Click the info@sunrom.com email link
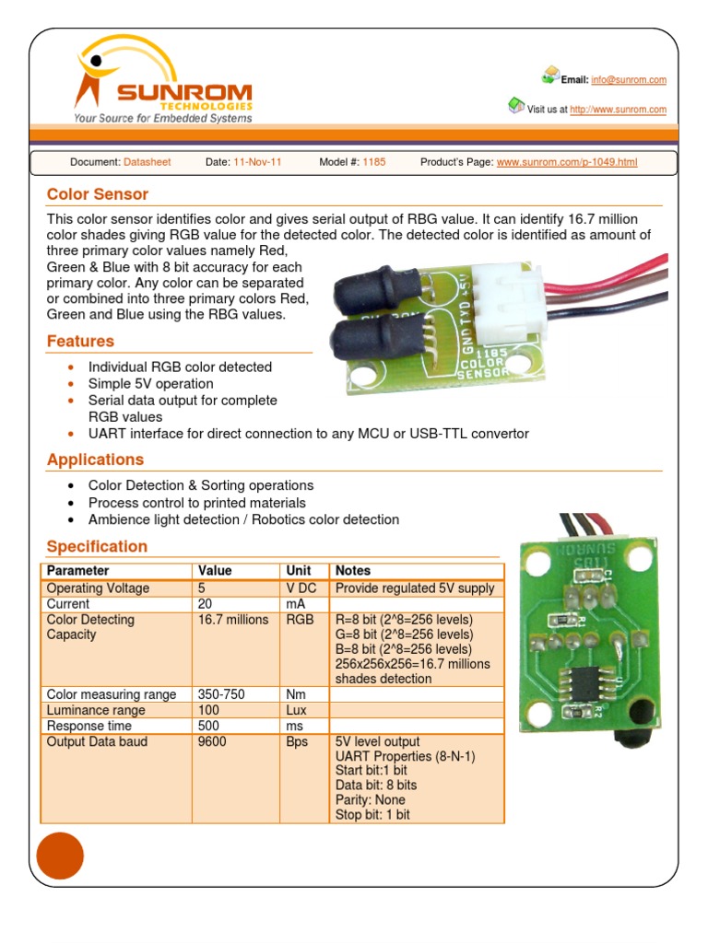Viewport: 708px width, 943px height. [x=629, y=80]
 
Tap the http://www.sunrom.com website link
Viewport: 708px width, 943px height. [x=618, y=110]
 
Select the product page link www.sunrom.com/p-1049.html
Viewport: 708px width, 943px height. [x=567, y=162]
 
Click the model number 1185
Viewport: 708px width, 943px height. [x=374, y=162]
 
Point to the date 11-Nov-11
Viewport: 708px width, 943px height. [x=257, y=162]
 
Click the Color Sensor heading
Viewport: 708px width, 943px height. [x=98, y=194]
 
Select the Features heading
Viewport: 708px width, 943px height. [x=80, y=342]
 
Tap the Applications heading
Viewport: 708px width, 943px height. [x=95, y=460]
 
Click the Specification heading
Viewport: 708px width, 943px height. [x=97, y=546]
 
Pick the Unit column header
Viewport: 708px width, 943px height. [x=299, y=571]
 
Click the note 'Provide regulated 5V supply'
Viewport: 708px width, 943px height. [x=415, y=588]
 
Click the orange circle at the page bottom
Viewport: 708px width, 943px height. [x=60, y=856]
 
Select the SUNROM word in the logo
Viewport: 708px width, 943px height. [x=183, y=93]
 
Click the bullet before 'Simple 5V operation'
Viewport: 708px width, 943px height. [x=71, y=384]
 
